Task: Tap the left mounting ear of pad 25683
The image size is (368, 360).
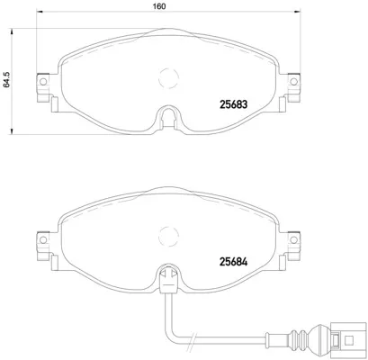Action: point(40,85)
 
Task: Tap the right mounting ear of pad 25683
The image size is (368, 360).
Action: point(290,85)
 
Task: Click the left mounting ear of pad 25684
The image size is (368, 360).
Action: point(40,243)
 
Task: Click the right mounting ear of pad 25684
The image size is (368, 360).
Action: point(290,243)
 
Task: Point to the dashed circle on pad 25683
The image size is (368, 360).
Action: point(166,79)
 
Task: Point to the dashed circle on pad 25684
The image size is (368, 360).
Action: point(166,238)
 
